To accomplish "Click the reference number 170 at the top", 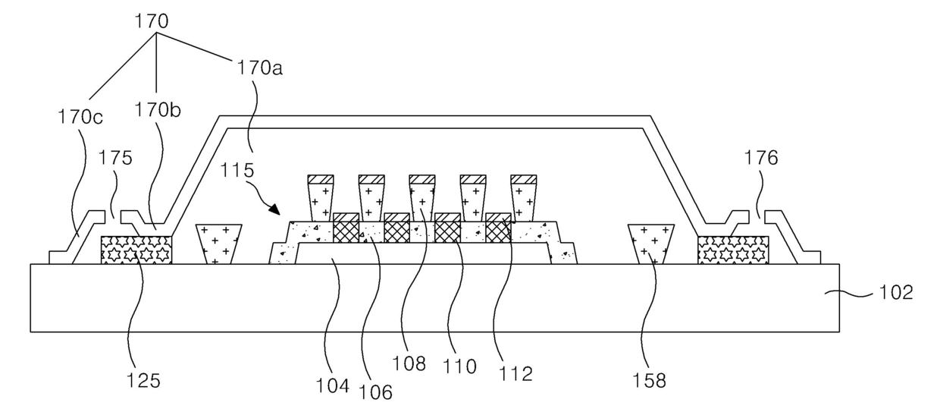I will click(152, 20).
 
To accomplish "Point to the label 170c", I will click(81, 118).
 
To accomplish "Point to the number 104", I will click(334, 385).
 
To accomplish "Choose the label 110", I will click(461, 367).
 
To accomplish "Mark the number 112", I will click(516, 373).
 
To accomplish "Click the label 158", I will click(650, 380).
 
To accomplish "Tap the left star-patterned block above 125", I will click(136, 250).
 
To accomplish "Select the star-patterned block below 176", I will click(732, 250).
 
